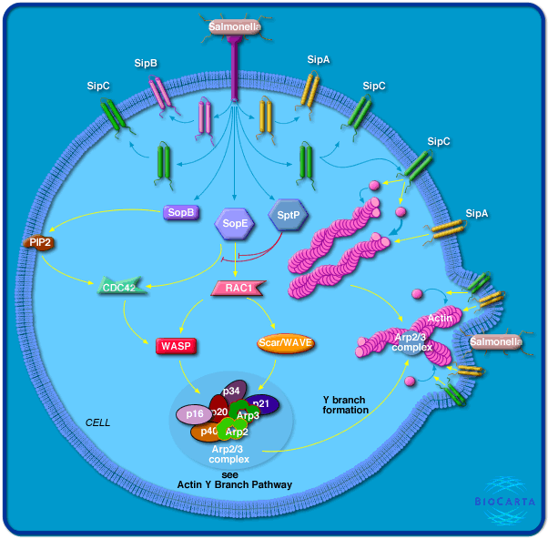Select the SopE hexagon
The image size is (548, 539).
click(233, 222)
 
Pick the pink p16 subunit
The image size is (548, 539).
click(194, 414)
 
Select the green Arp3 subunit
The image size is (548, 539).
click(245, 414)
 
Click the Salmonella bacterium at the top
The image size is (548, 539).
click(235, 27)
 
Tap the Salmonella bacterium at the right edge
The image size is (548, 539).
click(495, 341)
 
